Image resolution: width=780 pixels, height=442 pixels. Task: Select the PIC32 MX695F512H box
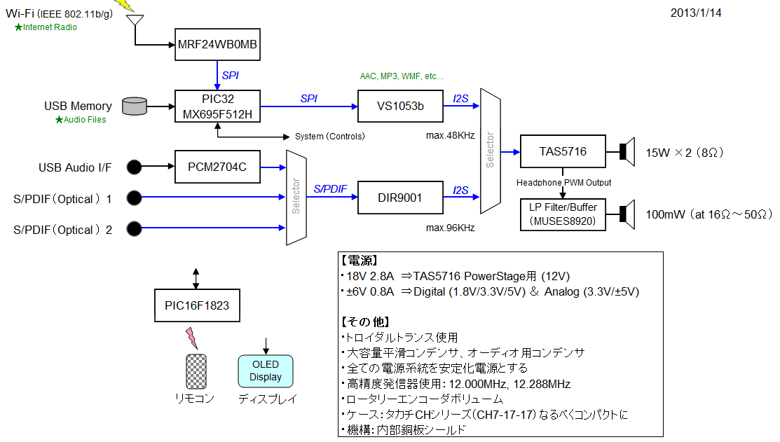(x=217, y=106)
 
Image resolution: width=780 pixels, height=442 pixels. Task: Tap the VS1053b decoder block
(x=400, y=106)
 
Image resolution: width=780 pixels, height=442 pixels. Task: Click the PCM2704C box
(x=217, y=167)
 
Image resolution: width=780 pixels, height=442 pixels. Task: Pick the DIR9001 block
(x=400, y=198)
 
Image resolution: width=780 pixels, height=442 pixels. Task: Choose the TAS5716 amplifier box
(x=563, y=151)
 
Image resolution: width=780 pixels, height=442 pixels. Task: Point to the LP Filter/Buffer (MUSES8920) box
(x=563, y=214)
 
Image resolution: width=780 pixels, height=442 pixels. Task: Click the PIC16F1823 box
(x=196, y=305)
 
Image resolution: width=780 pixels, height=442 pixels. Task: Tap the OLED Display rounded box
(x=265, y=371)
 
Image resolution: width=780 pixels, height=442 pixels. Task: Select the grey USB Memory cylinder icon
(x=135, y=106)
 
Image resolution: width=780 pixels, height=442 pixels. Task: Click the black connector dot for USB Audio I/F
(x=135, y=167)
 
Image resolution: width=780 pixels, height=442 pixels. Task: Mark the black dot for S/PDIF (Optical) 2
(x=135, y=229)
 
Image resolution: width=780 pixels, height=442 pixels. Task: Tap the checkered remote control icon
(x=196, y=371)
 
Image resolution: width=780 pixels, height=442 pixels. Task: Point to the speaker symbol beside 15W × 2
(x=626, y=151)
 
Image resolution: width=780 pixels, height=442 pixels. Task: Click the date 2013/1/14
(x=695, y=13)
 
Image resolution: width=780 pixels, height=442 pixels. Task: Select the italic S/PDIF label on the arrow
(x=330, y=188)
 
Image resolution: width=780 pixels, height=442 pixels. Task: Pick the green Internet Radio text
(x=50, y=27)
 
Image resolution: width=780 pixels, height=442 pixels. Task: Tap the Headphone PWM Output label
(x=563, y=183)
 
